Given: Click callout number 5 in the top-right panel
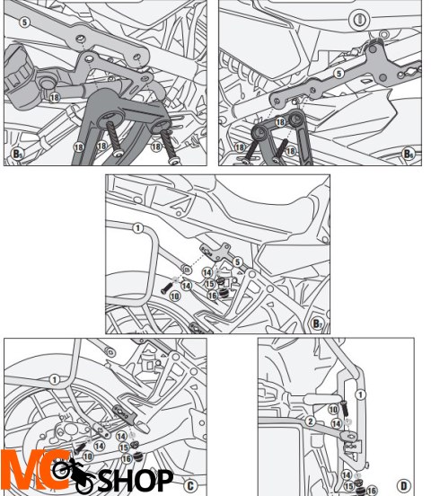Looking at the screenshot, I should tap(338, 73).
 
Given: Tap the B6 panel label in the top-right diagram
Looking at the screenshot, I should tap(409, 154).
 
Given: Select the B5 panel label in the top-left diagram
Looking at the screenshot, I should tap(18, 155).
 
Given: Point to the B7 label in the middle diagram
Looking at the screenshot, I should tap(317, 323).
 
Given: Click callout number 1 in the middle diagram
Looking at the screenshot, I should tap(137, 228).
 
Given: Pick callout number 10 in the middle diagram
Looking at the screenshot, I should tap(174, 294).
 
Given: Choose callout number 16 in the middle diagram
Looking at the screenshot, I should tap(213, 294).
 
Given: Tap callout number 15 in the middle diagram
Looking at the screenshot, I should tap(207, 283).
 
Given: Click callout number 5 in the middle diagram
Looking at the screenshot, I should tap(238, 261).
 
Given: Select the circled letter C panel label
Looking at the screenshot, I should tap(189, 483).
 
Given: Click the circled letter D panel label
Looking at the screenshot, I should tap(403, 485).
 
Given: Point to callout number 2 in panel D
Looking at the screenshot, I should tap(309, 421).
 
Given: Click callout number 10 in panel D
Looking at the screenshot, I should tap(333, 410).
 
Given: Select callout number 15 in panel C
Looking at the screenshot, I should tap(124, 447).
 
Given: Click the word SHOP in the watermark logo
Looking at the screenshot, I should tap(135, 479).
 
